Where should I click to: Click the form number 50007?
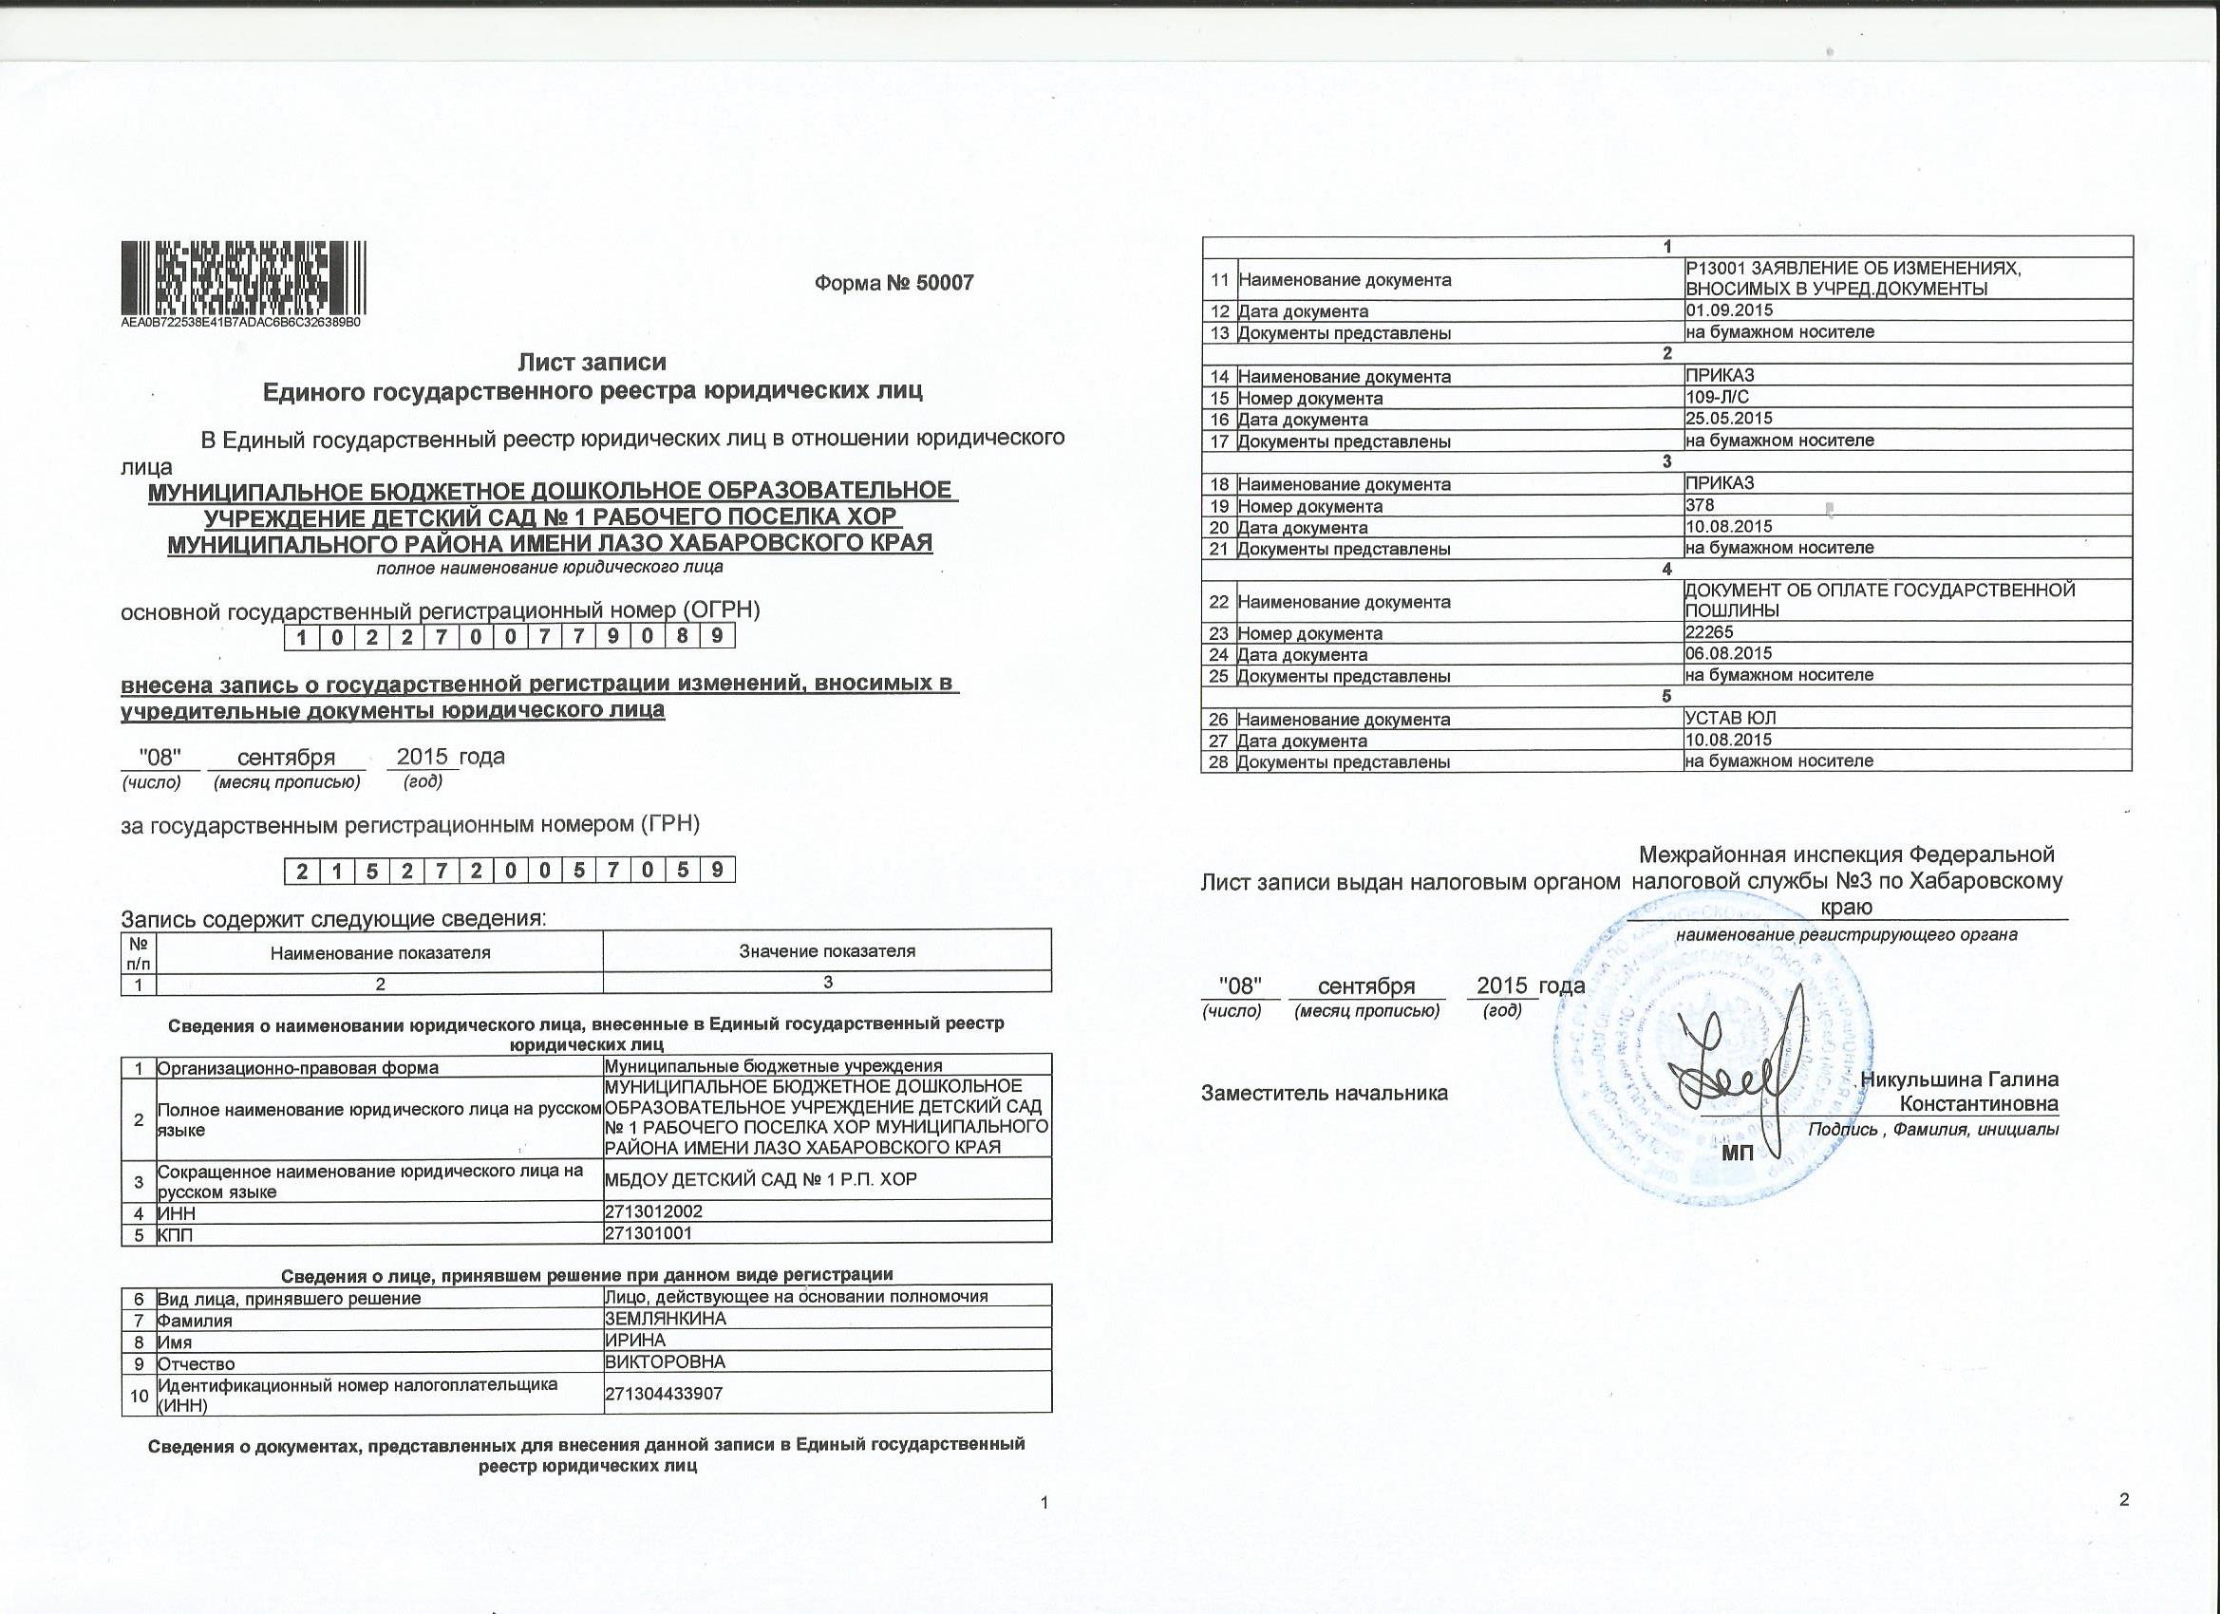[894, 283]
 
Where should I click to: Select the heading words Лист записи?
[592, 362]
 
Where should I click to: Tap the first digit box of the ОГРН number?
[302, 637]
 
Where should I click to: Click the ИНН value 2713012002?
[654, 1211]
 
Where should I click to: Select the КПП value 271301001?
[649, 1233]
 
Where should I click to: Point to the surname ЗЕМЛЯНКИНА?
[666, 1319]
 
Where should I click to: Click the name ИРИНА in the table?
[635, 1340]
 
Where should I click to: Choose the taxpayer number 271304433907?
[664, 1393]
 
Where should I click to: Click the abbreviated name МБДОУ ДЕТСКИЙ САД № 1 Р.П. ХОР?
[762, 1179]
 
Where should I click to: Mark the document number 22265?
[1710, 632]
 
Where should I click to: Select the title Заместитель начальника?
[1324, 1094]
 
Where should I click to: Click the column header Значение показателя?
[827, 950]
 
